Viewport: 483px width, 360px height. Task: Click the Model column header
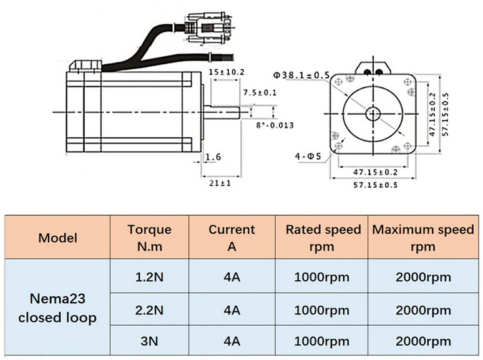tap(57, 238)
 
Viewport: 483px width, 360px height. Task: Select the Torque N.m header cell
tap(149, 238)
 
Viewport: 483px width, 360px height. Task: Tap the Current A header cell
tap(232, 238)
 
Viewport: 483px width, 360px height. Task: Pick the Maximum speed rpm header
tap(423, 238)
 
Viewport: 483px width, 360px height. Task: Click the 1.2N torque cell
tap(149, 277)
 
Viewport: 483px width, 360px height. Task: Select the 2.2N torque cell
tap(149, 310)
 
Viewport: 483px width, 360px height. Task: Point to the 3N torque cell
tap(149, 341)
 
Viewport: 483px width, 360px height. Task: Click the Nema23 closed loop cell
tap(57, 308)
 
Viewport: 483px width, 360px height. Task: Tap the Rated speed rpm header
tap(321, 238)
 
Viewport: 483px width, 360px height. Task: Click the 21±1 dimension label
tap(220, 183)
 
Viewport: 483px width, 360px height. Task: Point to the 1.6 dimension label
tap(213, 157)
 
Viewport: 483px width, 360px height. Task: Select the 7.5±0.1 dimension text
tap(260, 93)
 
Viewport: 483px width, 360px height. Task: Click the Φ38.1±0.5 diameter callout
tap(301, 75)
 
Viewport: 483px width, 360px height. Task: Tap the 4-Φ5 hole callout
tap(308, 157)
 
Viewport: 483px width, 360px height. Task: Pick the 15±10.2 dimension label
tap(227, 72)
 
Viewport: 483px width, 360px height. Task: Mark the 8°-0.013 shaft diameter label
tap(275, 125)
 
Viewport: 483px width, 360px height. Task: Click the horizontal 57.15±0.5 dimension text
tap(376, 185)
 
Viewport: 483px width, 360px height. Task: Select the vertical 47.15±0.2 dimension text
tap(432, 115)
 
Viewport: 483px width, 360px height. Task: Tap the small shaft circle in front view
tap(373, 114)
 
